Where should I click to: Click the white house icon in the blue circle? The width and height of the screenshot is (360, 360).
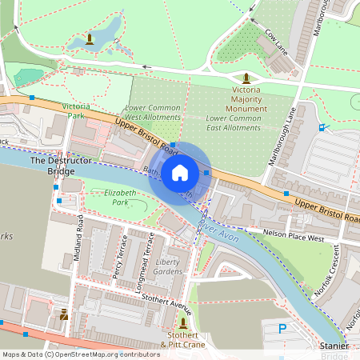coord(180,172)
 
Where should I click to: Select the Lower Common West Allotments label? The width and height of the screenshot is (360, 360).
coord(153,114)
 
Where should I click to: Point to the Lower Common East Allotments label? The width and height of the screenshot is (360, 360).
coord(234,122)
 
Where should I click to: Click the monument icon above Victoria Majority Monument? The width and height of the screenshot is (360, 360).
coord(246,78)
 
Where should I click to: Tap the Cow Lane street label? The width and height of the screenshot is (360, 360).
coord(275,37)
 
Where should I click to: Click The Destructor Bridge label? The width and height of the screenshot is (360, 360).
coord(54,166)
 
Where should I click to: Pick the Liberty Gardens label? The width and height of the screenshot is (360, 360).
coord(168,267)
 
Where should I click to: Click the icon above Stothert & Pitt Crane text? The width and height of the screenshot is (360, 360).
coord(185,322)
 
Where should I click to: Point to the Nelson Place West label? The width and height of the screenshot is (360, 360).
coord(294,235)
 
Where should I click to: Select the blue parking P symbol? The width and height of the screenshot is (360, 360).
coord(281,329)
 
